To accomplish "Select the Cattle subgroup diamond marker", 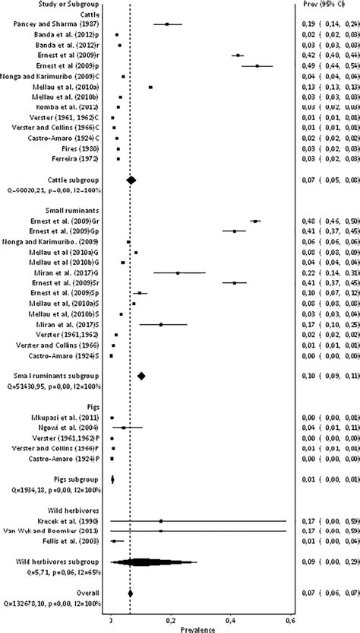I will point(131,180).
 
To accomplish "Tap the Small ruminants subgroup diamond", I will point(141,376).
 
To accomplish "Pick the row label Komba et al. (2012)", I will point(73,107).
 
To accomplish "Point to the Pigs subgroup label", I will point(33,479).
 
